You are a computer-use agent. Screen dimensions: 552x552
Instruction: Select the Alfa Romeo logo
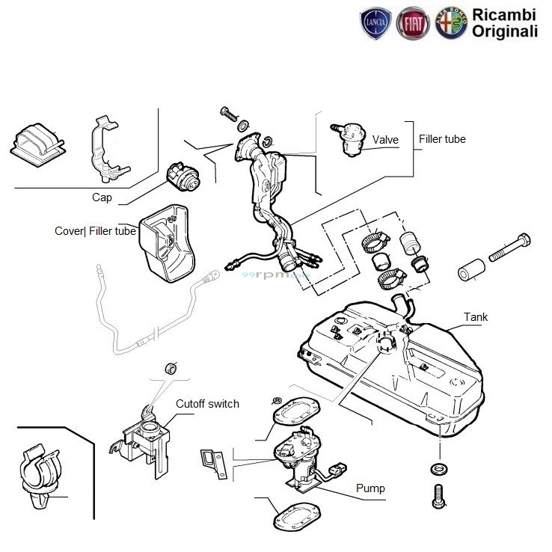451,24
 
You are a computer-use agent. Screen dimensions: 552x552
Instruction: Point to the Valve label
386,140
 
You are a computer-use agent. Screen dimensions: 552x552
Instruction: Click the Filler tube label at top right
442,139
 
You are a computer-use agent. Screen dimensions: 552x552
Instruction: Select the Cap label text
102,198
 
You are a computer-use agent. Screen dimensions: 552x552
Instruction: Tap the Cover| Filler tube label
95,231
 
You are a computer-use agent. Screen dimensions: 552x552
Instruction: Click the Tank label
475,317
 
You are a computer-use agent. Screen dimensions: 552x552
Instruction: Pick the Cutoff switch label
207,404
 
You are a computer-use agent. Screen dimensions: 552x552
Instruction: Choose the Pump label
371,488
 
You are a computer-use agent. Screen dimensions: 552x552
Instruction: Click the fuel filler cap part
182,178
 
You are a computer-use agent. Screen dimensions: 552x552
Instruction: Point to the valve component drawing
349,138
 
